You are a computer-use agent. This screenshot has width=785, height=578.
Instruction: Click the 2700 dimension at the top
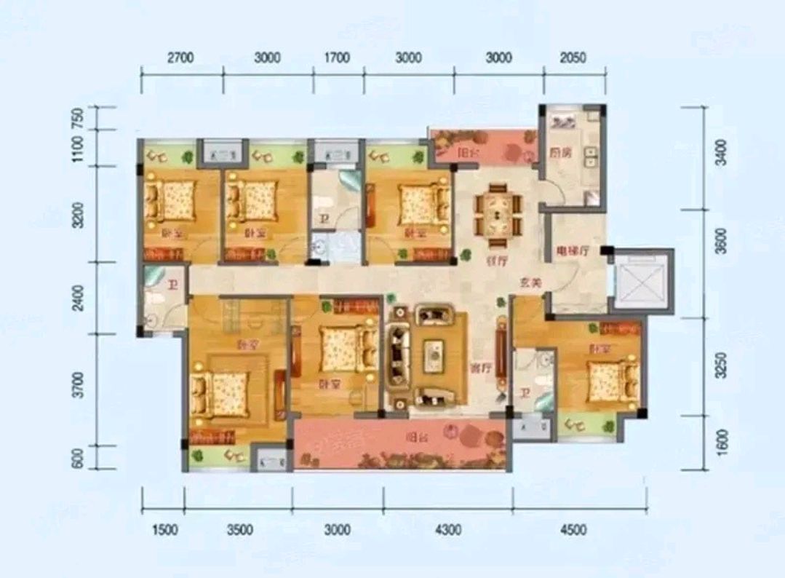[180, 58]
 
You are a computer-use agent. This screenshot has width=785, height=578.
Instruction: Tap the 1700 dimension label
[336, 58]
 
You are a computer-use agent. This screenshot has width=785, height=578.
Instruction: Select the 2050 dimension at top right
[573, 58]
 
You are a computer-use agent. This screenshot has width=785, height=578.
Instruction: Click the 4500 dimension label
[573, 530]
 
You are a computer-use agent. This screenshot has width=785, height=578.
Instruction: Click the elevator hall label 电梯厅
[571, 250]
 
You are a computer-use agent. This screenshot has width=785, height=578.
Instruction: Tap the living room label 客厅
[477, 367]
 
